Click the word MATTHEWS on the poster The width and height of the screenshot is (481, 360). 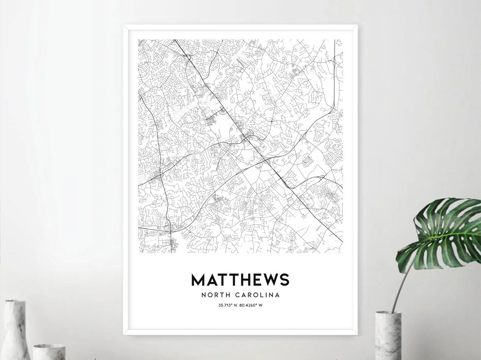240,279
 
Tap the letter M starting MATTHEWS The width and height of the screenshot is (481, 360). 199,279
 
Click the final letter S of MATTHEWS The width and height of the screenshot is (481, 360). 284,279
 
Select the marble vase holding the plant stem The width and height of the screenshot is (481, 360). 388,336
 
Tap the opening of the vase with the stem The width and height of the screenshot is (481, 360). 388,313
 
